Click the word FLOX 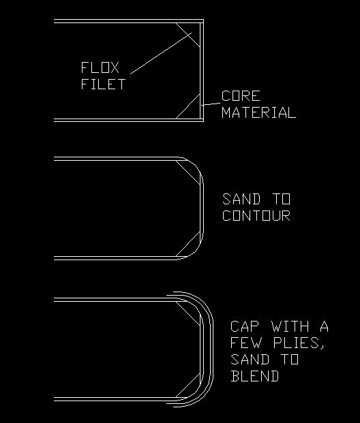[x=100, y=67]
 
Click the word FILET [x=103, y=84]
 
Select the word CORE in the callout [x=241, y=96]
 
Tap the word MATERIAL [x=258, y=112]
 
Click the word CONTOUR [x=256, y=215]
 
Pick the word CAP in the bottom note [x=244, y=326]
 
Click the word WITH [x=290, y=326]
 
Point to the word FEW [x=246, y=343]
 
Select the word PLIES [x=299, y=343]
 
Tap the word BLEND [x=255, y=376]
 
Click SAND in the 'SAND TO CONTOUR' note [x=241, y=199]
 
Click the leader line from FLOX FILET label [x=161, y=53]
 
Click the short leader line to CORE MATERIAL [x=211, y=104]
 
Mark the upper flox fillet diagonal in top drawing [x=188, y=35]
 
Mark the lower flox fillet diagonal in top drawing [x=188, y=106]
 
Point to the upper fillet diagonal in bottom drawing [x=188, y=313]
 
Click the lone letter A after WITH [x=324, y=326]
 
